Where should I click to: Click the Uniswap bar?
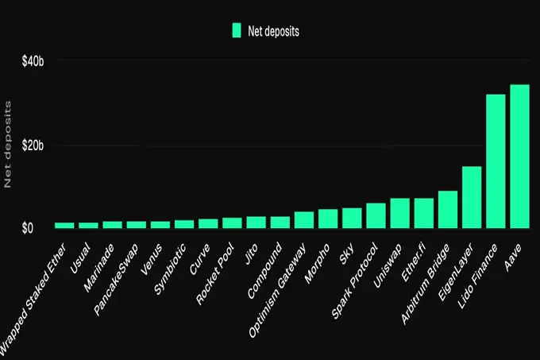click(x=399, y=213)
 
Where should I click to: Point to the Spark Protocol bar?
click(x=376, y=216)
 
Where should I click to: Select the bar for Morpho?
click(x=328, y=219)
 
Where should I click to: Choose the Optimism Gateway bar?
click(x=304, y=220)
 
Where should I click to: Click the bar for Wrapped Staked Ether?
click(x=64, y=226)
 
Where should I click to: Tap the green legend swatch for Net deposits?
click(x=236, y=31)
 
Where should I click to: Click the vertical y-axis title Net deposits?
click(x=9, y=145)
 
